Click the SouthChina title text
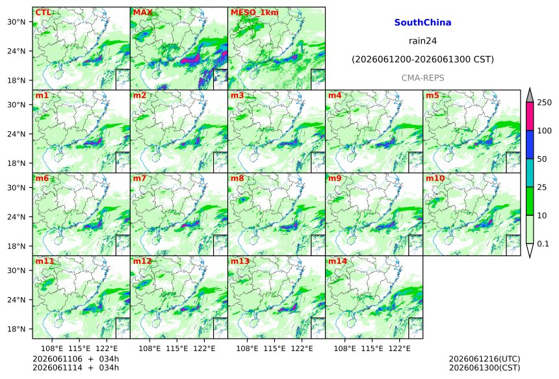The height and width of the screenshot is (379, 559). [x=422, y=23]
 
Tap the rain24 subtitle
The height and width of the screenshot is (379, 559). [x=422, y=41]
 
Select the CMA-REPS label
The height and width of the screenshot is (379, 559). [x=422, y=78]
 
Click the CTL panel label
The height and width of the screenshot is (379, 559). [x=43, y=12]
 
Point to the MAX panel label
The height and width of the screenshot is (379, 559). [x=142, y=12]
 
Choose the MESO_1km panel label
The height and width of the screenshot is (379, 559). [x=255, y=12]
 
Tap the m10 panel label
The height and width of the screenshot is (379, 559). [x=434, y=178]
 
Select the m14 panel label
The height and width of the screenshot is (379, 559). [x=337, y=261]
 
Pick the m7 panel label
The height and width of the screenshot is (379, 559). [x=139, y=178]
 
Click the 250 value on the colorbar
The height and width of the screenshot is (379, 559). [x=545, y=103]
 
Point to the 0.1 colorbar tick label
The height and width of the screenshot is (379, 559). [x=543, y=244]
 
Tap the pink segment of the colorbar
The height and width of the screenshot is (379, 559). [x=529, y=116]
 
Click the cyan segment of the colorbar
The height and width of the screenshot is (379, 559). [x=529, y=172]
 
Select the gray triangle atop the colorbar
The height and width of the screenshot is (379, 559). [x=529, y=95]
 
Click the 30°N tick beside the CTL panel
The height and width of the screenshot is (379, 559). [x=16, y=22]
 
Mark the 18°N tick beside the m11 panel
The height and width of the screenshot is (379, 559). [x=16, y=329]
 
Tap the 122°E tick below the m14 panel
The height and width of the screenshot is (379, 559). [x=399, y=348]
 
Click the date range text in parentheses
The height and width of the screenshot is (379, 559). [x=422, y=59]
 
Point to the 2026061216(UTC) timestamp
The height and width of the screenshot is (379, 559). [x=484, y=359]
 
